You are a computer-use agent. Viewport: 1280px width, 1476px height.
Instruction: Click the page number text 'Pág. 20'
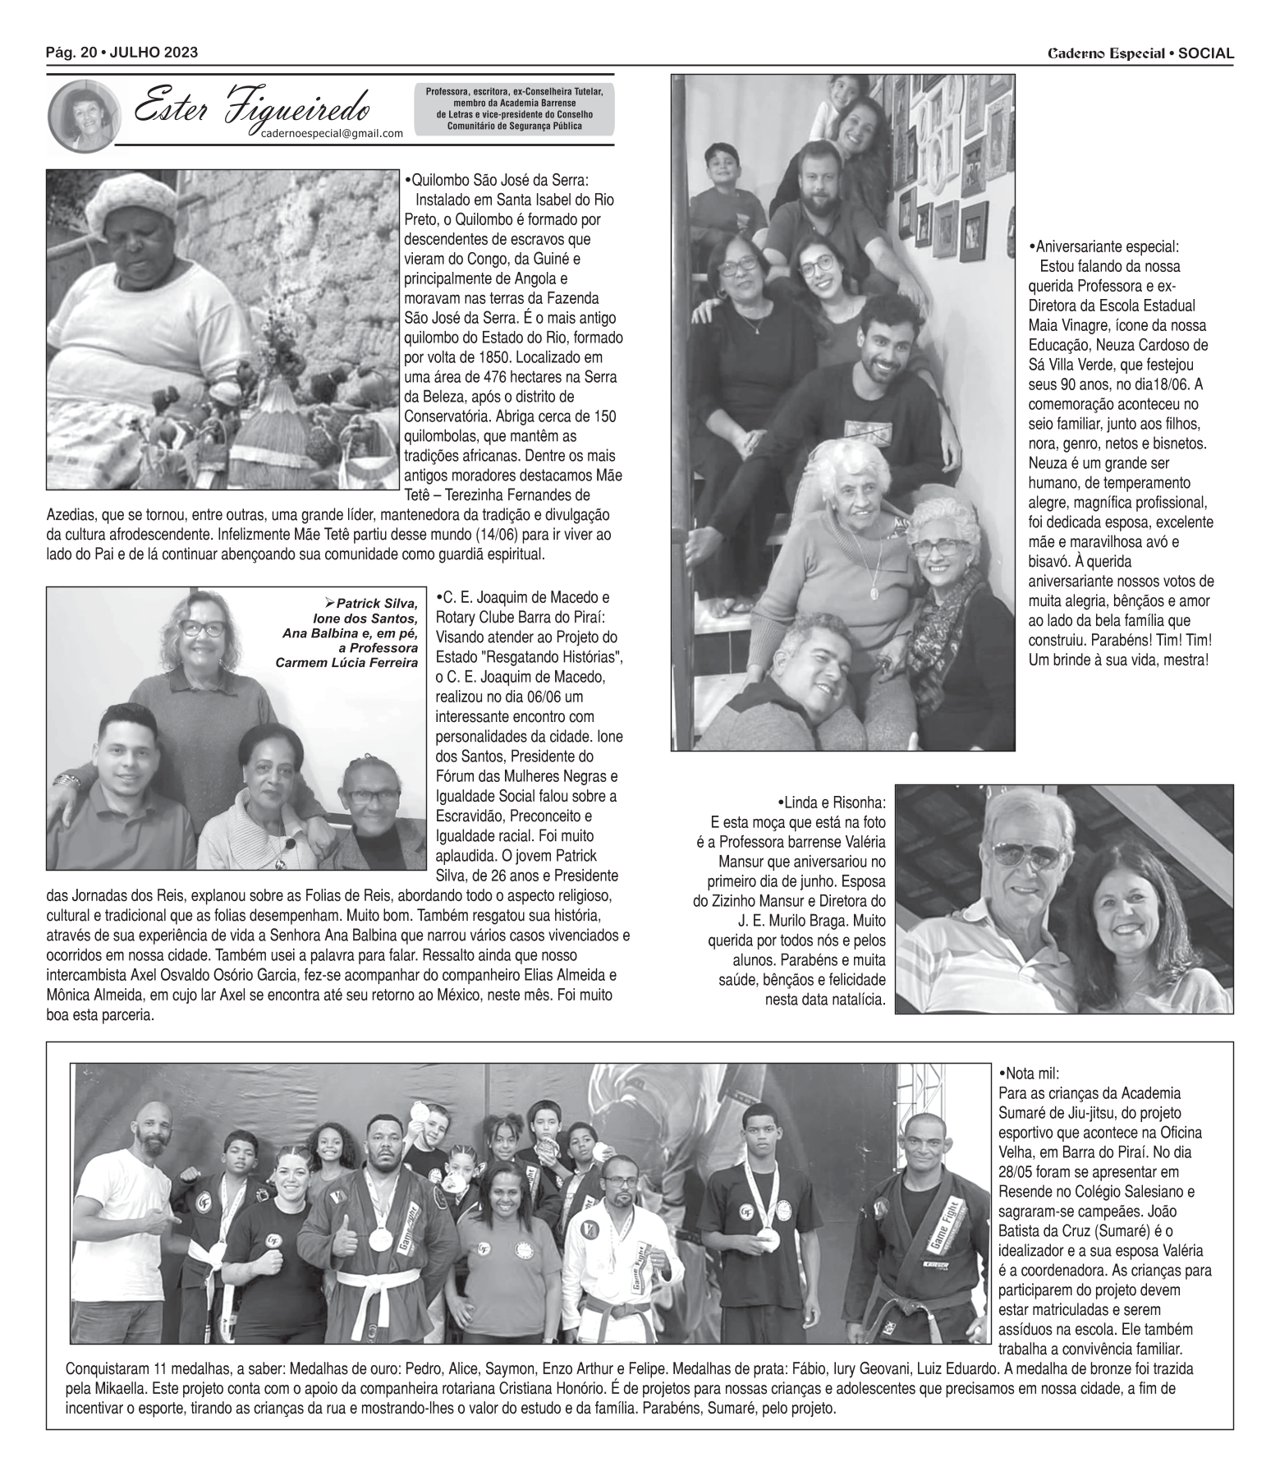71,53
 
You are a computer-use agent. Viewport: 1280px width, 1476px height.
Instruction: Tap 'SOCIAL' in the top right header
1205,54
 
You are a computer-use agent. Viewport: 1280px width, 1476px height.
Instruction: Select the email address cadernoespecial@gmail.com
326,134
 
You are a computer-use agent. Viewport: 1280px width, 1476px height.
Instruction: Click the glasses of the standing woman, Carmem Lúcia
202,629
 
